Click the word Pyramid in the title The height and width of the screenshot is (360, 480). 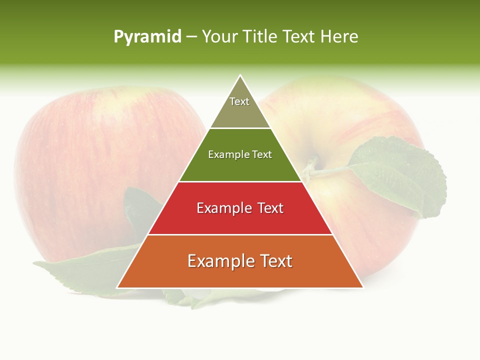point(147,37)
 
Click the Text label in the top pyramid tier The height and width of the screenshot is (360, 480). point(239,101)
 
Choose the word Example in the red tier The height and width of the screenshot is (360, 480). point(224,208)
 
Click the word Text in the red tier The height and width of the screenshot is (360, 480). point(270,208)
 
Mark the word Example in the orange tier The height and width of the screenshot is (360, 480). point(220,261)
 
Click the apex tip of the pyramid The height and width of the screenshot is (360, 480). point(240,75)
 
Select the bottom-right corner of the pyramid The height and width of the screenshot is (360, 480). point(362,287)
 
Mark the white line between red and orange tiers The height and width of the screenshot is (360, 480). point(240,234)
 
